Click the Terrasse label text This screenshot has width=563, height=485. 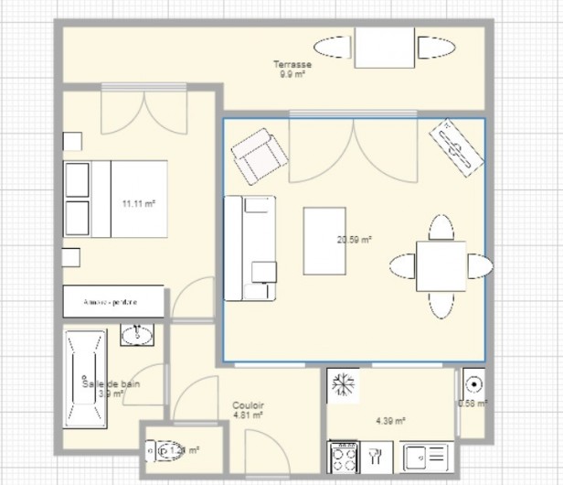292,65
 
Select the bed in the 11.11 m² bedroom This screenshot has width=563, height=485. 115,199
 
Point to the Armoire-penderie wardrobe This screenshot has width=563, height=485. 113,301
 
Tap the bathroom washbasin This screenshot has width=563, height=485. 138,335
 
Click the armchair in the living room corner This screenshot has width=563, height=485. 259,156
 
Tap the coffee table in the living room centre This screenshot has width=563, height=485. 324,241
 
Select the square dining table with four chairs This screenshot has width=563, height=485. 441,266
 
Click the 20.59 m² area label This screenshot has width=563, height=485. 354,240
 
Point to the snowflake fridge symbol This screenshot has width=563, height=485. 344,384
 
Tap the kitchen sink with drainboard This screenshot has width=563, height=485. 427,454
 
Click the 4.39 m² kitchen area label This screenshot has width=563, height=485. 390,420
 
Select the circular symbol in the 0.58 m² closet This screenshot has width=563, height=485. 473,383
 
